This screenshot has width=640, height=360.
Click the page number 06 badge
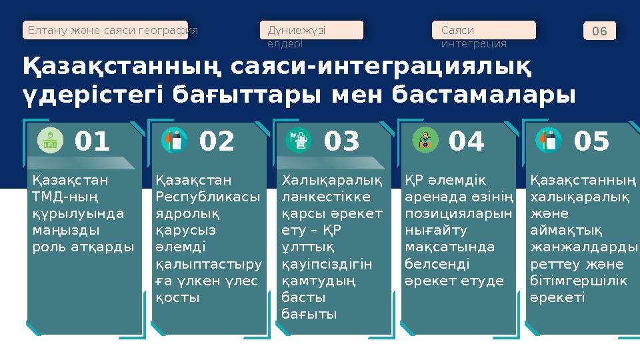[599, 31]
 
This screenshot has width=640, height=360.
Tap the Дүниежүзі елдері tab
[311, 30]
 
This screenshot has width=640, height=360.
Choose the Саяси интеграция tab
[483, 30]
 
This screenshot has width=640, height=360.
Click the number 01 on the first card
[92, 141]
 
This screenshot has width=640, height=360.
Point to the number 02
[217, 141]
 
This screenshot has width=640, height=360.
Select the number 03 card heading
[341, 141]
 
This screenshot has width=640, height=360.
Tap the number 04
[467, 141]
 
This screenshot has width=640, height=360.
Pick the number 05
[591, 141]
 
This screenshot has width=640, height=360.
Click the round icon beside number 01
[49, 141]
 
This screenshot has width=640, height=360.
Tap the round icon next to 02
[175, 141]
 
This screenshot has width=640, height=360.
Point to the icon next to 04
[424, 141]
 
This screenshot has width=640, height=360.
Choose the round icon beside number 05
[548, 141]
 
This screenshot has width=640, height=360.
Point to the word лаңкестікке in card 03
[331, 197]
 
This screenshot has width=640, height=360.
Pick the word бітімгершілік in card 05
[578, 281]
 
